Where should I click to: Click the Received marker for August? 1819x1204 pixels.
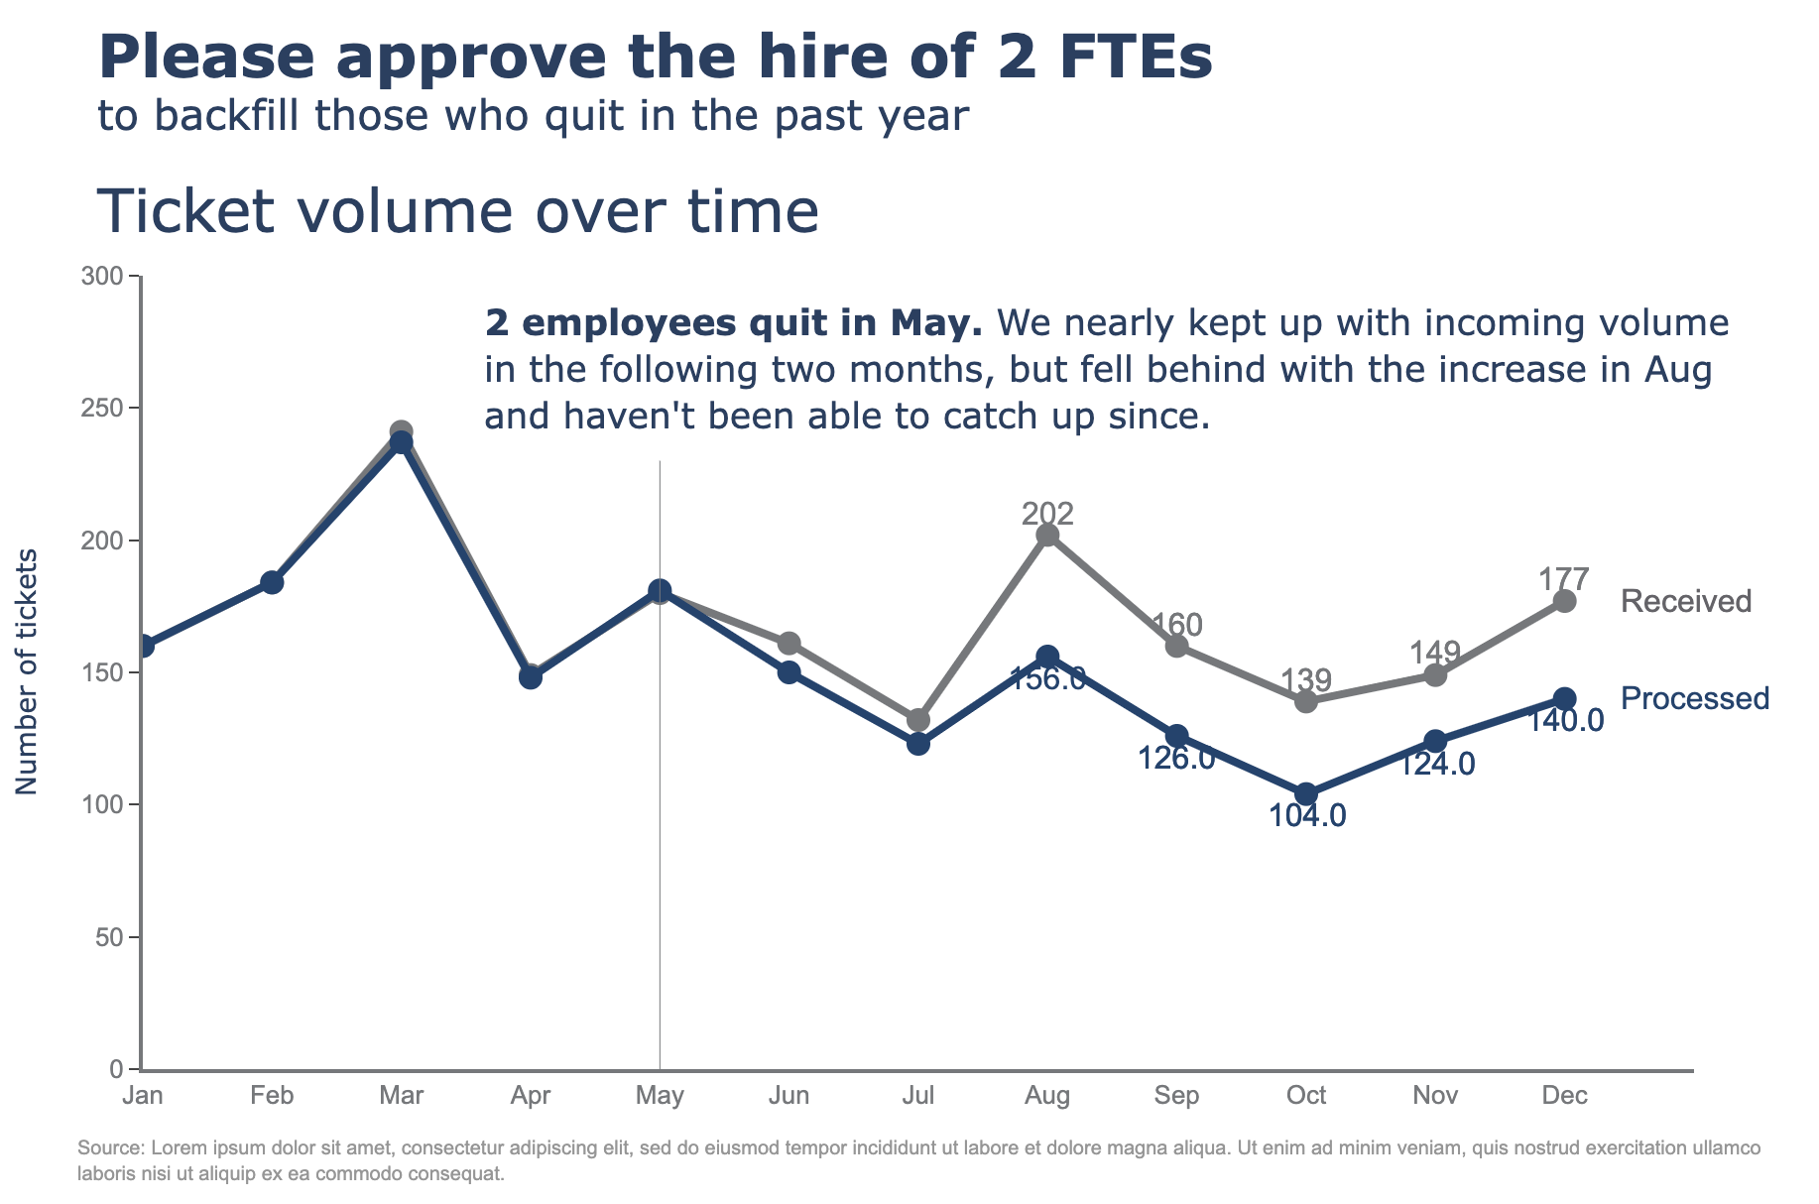pos(1047,536)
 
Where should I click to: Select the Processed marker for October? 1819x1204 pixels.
pos(1306,794)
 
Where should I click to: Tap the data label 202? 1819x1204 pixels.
pos(1047,513)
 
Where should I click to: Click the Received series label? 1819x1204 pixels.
pos(1686,601)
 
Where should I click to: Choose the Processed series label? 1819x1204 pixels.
pos(1694,698)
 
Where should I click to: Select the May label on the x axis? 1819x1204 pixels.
pos(660,1096)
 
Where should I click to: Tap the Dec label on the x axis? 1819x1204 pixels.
pos(1564,1096)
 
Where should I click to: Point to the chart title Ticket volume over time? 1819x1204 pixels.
pos(458,211)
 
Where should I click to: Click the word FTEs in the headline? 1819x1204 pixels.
pos(1129,58)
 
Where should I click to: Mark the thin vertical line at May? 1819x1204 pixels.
pos(660,793)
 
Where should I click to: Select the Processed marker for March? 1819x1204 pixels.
pos(402,442)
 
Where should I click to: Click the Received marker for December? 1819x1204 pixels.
pos(1564,601)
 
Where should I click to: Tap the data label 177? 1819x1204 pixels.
pos(1564,578)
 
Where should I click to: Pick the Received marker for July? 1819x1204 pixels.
pos(918,720)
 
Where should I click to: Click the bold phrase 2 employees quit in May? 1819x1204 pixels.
pos(733,323)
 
